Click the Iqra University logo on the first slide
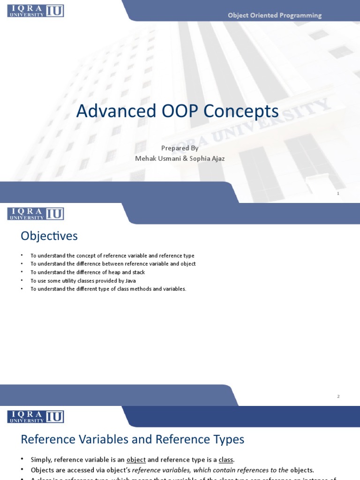36,11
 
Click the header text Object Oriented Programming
274,15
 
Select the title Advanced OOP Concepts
177,112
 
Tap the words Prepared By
180,148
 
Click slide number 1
338,194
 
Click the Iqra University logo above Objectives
36,214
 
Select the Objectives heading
49,236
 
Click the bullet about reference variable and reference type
112,256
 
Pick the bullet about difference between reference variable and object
113,264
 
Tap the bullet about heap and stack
88,272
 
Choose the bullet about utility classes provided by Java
83,281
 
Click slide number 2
338,397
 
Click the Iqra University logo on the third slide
36,417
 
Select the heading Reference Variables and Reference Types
132,440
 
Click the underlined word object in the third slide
136,460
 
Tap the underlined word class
226,460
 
